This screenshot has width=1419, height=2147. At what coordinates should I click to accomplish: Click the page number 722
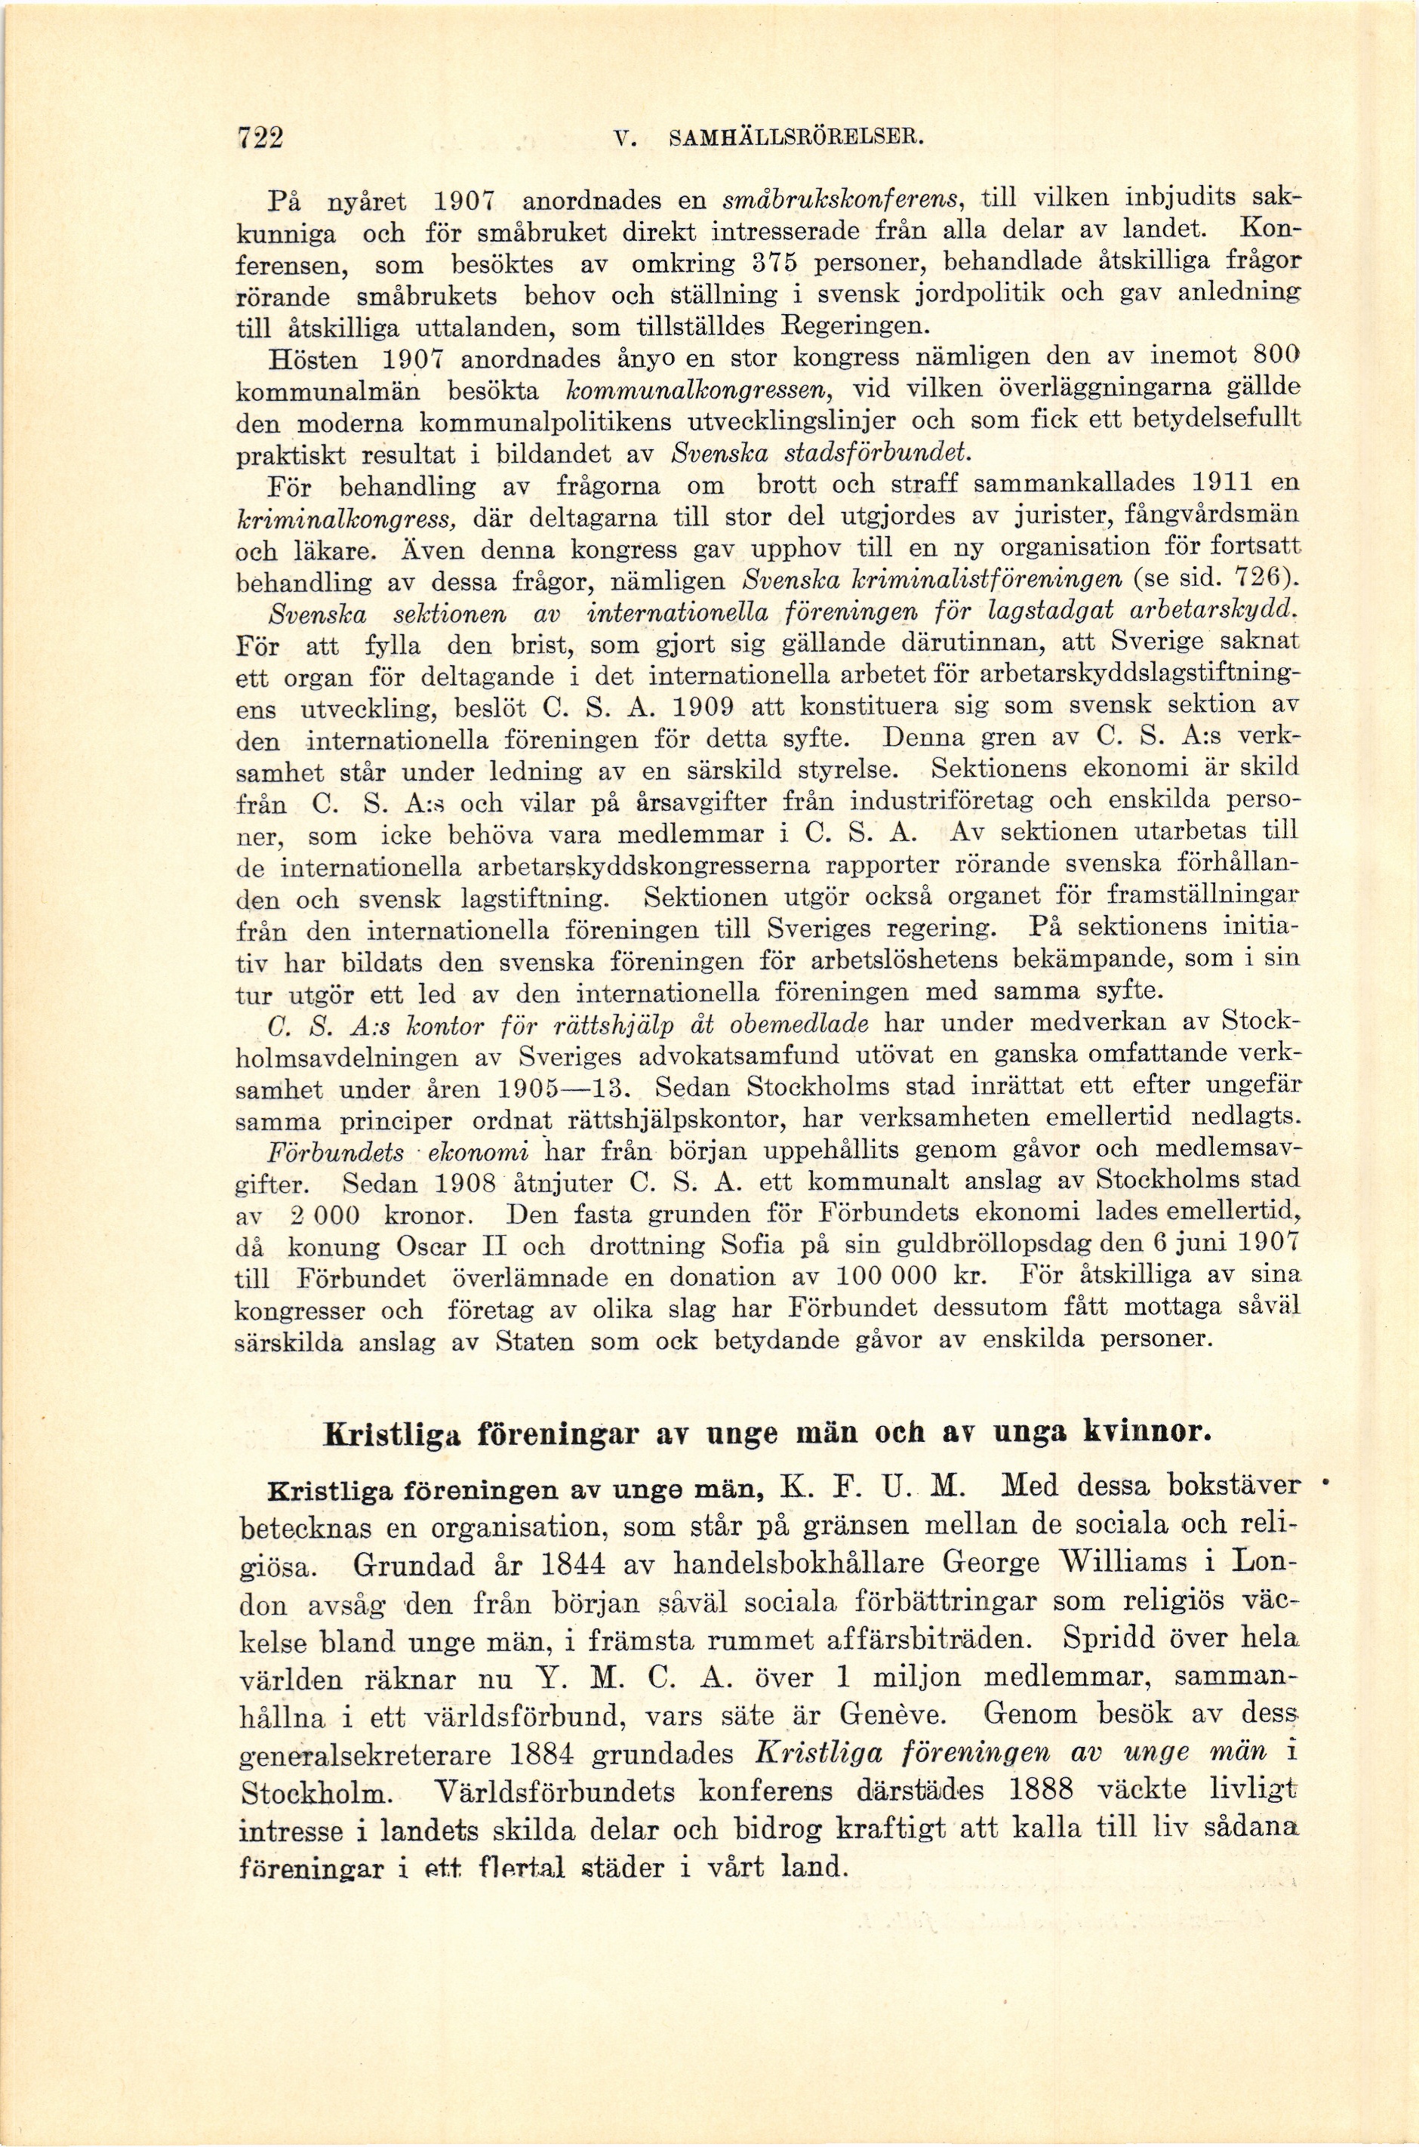coord(260,138)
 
